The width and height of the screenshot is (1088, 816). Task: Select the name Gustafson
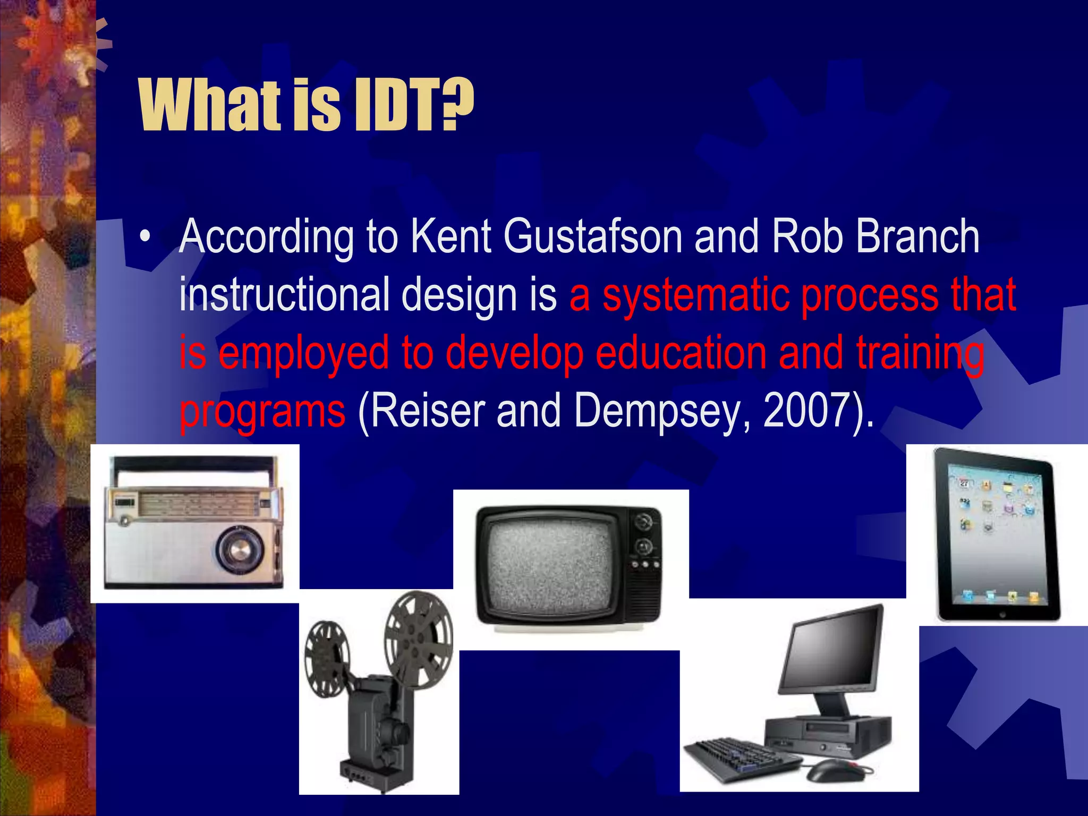point(592,237)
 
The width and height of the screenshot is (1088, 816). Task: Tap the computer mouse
point(834,769)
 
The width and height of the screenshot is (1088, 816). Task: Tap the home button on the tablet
point(1002,614)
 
